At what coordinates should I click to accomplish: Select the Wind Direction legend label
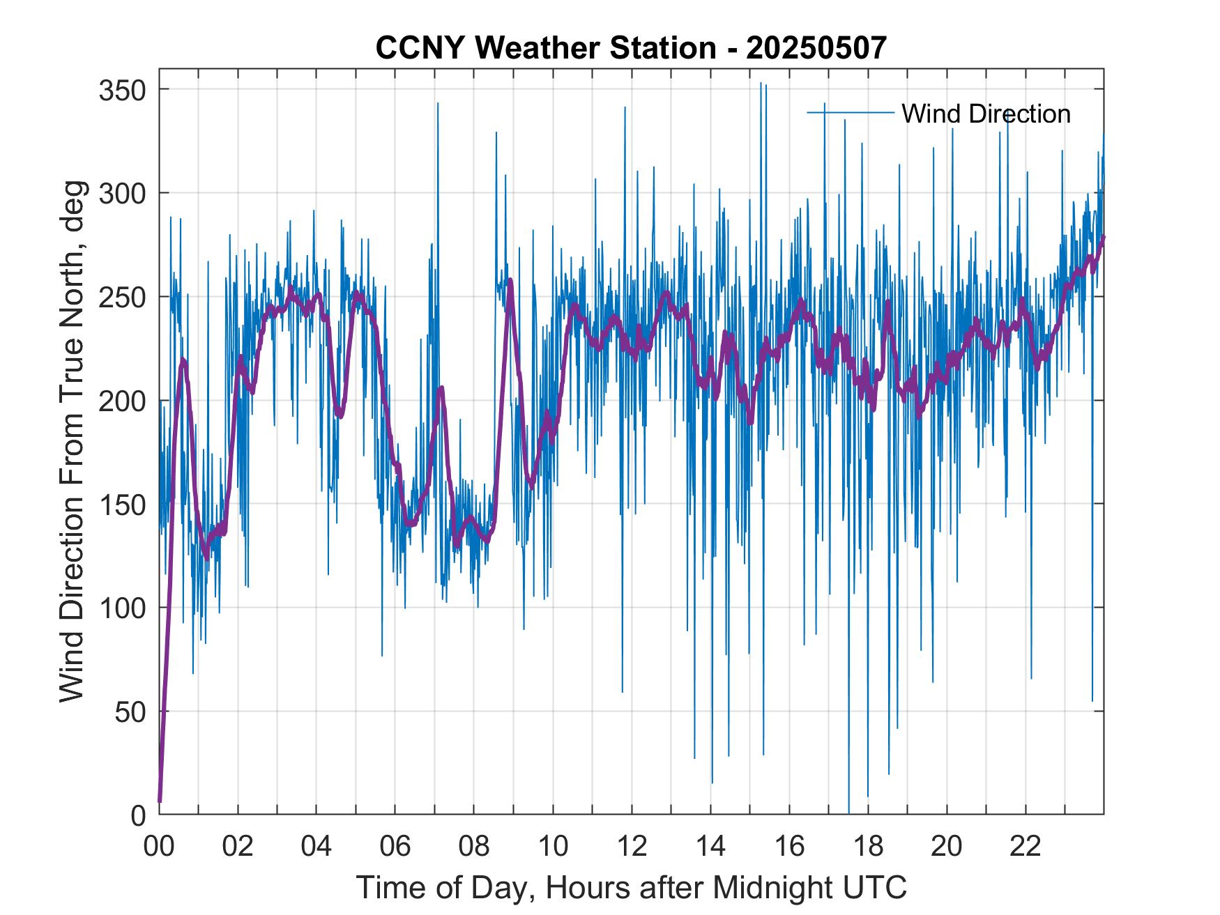[x=986, y=114]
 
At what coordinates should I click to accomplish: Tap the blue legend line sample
[x=850, y=112]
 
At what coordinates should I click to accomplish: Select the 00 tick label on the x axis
[x=159, y=846]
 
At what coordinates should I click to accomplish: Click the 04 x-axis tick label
[x=317, y=846]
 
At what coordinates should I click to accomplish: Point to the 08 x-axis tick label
[x=474, y=846]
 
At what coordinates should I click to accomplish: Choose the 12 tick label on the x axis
[x=632, y=846]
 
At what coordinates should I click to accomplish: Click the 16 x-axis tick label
[x=789, y=846]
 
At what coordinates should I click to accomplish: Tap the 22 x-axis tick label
[x=1025, y=846]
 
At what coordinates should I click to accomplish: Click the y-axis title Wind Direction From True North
[x=72, y=441]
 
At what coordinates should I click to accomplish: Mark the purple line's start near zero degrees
[x=160, y=801]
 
